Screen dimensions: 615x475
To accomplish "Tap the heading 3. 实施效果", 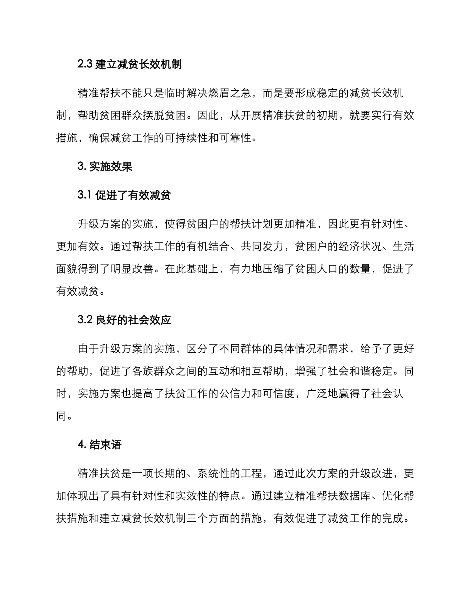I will (105, 167).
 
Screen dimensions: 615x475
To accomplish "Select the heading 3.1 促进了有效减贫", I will (124, 195).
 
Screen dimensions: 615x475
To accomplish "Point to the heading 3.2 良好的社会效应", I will (124, 320).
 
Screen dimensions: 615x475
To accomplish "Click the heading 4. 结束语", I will (99, 444).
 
